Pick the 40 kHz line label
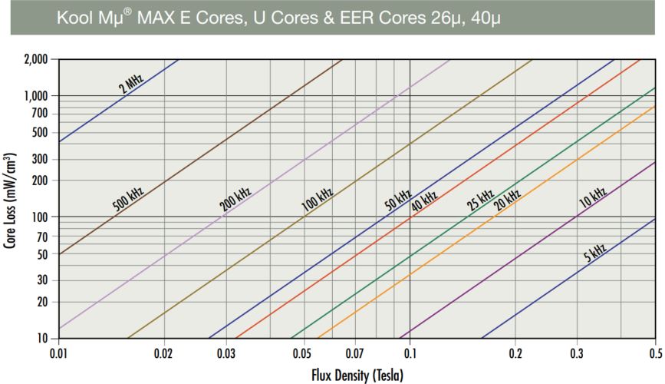point(424,202)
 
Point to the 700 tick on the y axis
point(40,114)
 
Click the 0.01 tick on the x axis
point(59,355)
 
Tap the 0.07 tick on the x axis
point(355,355)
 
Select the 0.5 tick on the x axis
point(655,355)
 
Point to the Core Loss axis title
point(10,198)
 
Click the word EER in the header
point(346,18)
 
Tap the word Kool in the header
point(74,18)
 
